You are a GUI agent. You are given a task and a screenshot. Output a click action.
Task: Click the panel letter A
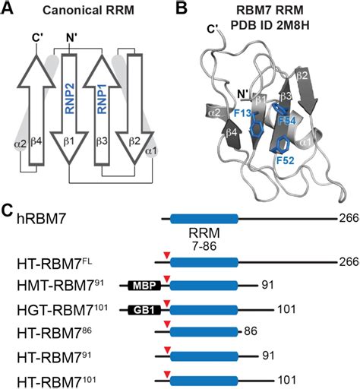coord(10,9)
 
